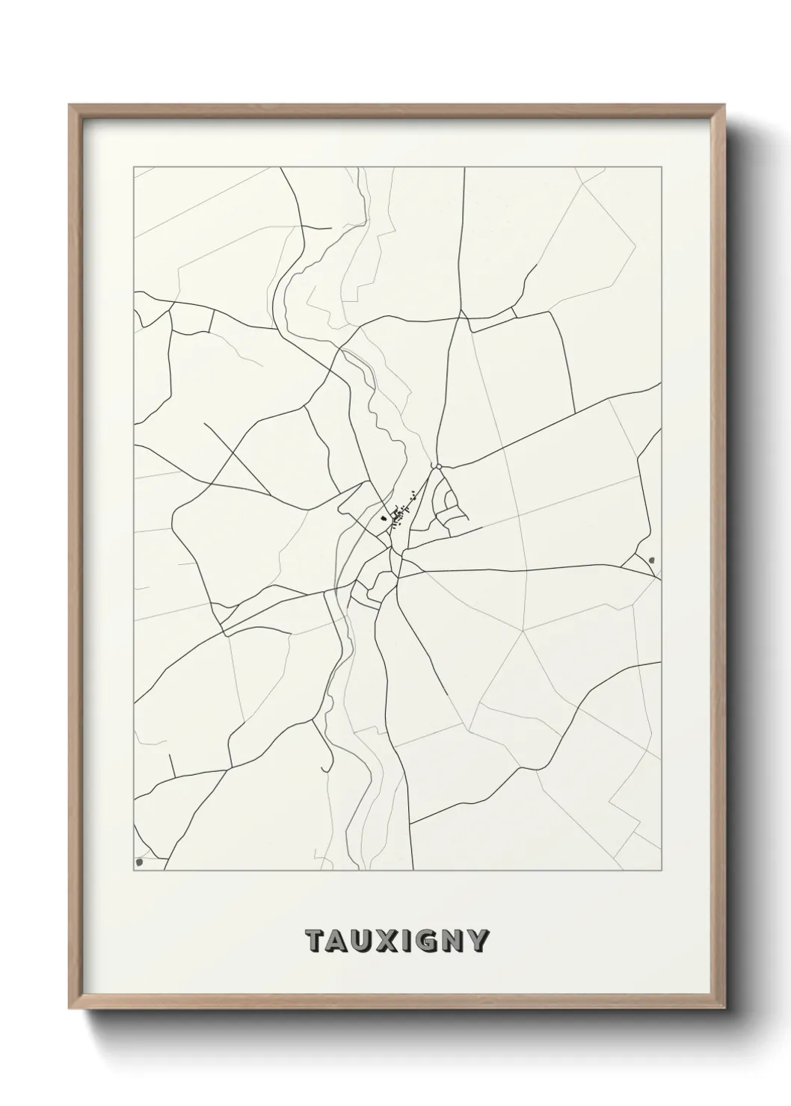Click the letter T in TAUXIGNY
pyautogui.click(x=316, y=942)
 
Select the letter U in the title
pyautogui.click(x=363, y=942)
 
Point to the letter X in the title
pyautogui.click(x=388, y=942)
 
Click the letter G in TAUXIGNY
pyautogui.click(x=427, y=942)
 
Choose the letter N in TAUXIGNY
pyautogui.click(x=452, y=942)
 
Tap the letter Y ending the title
pyautogui.click(x=477, y=942)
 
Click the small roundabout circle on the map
pyautogui.click(x=439, y=467)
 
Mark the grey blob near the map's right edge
pyautogui.click(x=653, y=559)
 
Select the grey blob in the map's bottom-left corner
pyautogui.click(x=140, y=862)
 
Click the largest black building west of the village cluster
pyautogui.click(x=384, y=516)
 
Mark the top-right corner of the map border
pyautogui.click(x=662, y=167)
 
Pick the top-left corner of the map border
pyautogui.click(x=134, y=167)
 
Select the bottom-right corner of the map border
pyautogui.click(x=662, y=871)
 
